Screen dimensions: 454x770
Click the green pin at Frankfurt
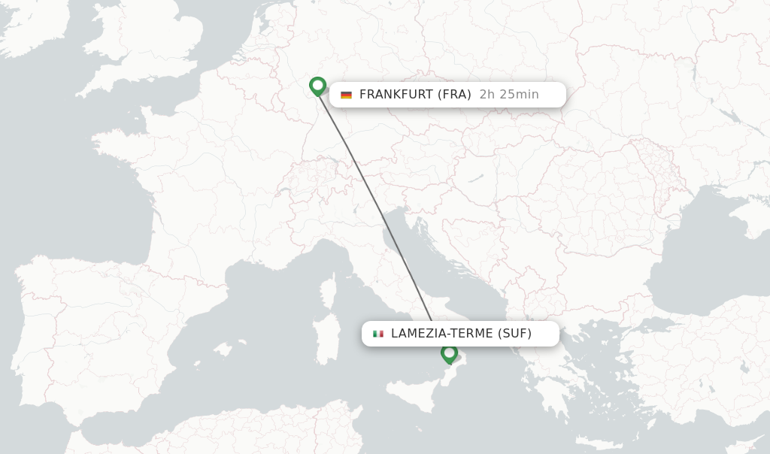coord(317,86)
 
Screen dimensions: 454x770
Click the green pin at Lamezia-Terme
coord(450,353)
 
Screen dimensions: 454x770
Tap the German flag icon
coord(346,95)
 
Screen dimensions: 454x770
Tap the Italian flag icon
coord(378,334)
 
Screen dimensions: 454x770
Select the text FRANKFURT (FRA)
coord(415,95)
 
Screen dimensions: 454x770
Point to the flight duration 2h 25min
coord(509,95)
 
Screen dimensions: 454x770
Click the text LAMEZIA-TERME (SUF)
coord(461,334)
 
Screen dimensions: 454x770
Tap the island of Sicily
coord(410,395)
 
